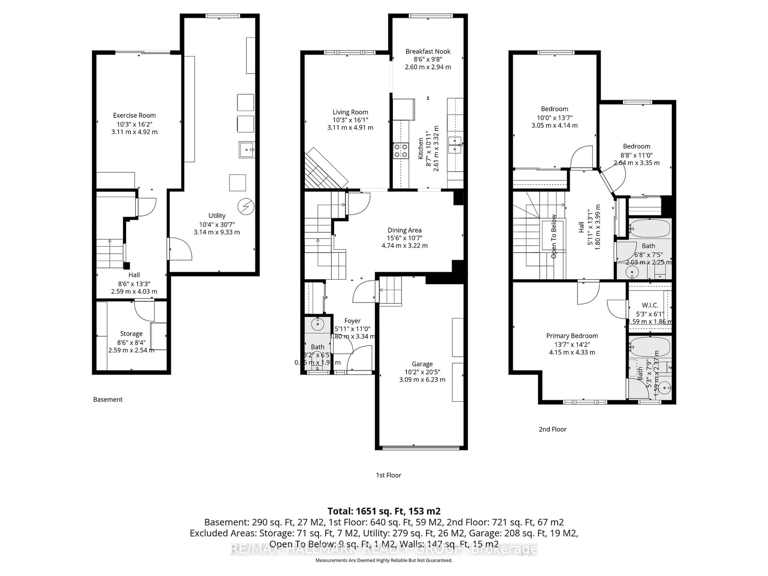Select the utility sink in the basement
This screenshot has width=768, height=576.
(247, 150)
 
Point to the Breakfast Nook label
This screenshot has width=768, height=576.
(428, 51)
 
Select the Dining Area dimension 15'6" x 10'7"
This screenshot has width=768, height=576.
(404, 238)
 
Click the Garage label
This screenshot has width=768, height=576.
(422, 364)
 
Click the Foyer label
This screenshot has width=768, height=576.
(352, 321)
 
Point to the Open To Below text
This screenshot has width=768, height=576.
(554, 236)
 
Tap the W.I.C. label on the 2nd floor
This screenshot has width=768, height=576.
(650, 305)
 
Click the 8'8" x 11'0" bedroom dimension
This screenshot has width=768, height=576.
(636, 155)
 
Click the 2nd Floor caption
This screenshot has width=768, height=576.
(552, 429)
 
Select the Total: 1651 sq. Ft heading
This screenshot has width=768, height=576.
(384, 511)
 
